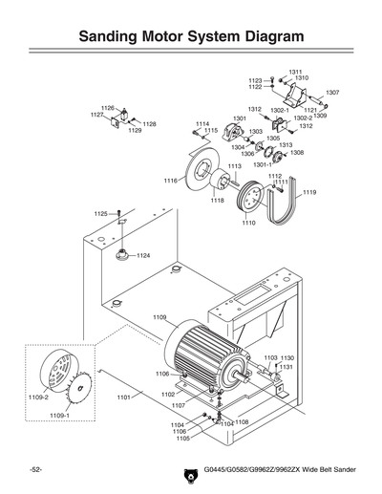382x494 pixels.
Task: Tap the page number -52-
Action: [35, 471]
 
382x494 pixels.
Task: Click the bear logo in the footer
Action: [188, 471]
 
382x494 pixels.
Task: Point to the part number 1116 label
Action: [170, 181]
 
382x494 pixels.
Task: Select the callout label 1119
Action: [309, 193]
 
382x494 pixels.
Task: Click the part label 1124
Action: [143, 256]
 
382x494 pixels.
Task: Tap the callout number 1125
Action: [100, 214]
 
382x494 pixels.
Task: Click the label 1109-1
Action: [61, 416]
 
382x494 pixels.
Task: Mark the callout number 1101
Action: [122, 397]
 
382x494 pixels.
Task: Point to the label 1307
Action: [332, 93]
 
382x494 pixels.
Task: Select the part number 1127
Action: [97, 115]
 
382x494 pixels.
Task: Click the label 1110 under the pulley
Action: [248, 223]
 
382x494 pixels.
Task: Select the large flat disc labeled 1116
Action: [202, 179]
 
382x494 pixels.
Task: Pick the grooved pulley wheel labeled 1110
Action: [252, 199]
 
